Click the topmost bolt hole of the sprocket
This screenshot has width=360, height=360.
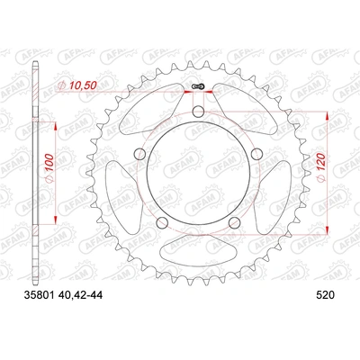tap(196, 112)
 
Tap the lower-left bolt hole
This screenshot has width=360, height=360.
tap(159, 221)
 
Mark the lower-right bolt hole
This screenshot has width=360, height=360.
tap(234, 221)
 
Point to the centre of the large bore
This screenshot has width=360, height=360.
tap(196, 173)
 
